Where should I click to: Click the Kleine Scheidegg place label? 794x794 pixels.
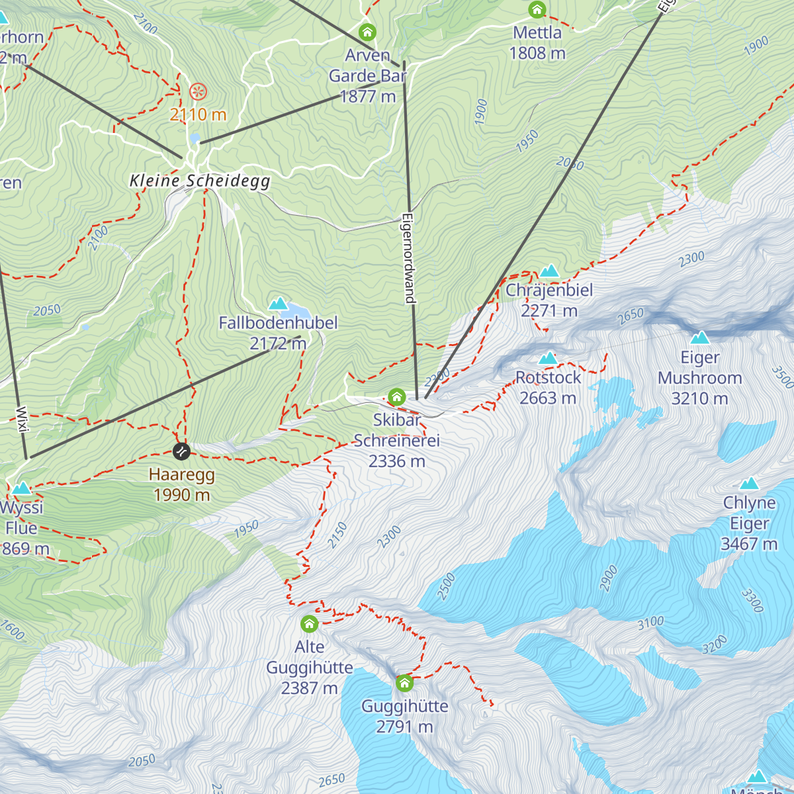click(200, 181)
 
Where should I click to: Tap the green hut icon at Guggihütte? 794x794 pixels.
click(404, 682)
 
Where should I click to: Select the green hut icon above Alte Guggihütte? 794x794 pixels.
click(309, 623)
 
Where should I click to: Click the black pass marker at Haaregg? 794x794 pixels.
click(181, 451)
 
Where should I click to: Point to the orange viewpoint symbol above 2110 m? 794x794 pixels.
click(197, 91)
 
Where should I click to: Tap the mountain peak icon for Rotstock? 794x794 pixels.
click(548, 358)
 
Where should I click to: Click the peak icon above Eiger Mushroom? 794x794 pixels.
click(699, 337)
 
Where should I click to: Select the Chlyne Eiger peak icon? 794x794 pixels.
click(749, 483)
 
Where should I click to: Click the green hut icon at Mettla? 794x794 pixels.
click(537, 10)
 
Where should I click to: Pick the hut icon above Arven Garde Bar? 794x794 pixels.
click(367, 32)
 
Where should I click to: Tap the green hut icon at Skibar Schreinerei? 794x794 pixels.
click(396, 397)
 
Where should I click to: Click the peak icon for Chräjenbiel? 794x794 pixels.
click(549, 271)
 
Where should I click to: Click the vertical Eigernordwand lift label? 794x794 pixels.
click(409, 258)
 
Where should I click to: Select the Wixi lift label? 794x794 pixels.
click(22, 419)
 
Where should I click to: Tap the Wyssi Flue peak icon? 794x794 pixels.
click(21, 488)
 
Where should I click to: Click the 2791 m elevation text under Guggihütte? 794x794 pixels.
click(404, 727)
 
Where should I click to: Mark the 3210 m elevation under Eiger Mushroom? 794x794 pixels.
click(699, 398)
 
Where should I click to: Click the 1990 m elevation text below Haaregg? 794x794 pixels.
click(181, 495)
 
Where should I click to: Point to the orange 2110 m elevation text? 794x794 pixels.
click(198, 114)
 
